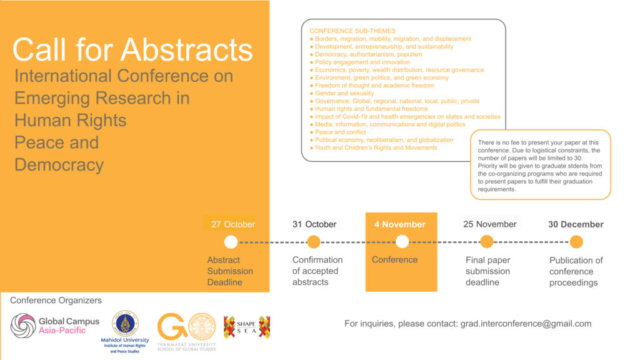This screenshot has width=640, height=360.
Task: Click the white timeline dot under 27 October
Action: pos(231,242)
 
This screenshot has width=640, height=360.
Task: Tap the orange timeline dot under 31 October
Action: pos(314,242)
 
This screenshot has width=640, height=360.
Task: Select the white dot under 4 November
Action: pos(402,242)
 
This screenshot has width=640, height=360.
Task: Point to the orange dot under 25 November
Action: pos(486,242)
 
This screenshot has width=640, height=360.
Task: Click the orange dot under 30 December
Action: pos(576,242)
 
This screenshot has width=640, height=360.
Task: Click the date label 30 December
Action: pos(576,224)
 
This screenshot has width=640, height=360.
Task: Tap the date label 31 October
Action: pos(314,224)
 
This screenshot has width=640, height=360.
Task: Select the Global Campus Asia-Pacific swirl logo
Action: pos(23,326)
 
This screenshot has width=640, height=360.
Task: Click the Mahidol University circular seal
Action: pos(125,323)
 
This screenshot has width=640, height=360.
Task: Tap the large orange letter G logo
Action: pos(172,326)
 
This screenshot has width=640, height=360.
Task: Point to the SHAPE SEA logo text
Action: pos(246,327)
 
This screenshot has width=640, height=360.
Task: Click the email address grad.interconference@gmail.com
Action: pos(526,324)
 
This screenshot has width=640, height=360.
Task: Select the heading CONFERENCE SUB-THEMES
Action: pos(352,31)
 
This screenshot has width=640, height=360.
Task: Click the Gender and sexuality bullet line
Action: pos(342,93)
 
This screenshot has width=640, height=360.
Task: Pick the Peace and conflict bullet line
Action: pos(338,132)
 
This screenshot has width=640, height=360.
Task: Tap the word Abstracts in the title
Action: pos(186,50)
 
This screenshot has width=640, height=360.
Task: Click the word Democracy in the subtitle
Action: pos(59,165)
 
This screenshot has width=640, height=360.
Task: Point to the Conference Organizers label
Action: pos(56,301)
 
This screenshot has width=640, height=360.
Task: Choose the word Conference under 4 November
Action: pos(395,259)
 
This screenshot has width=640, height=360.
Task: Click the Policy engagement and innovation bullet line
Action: pos(360,62)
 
